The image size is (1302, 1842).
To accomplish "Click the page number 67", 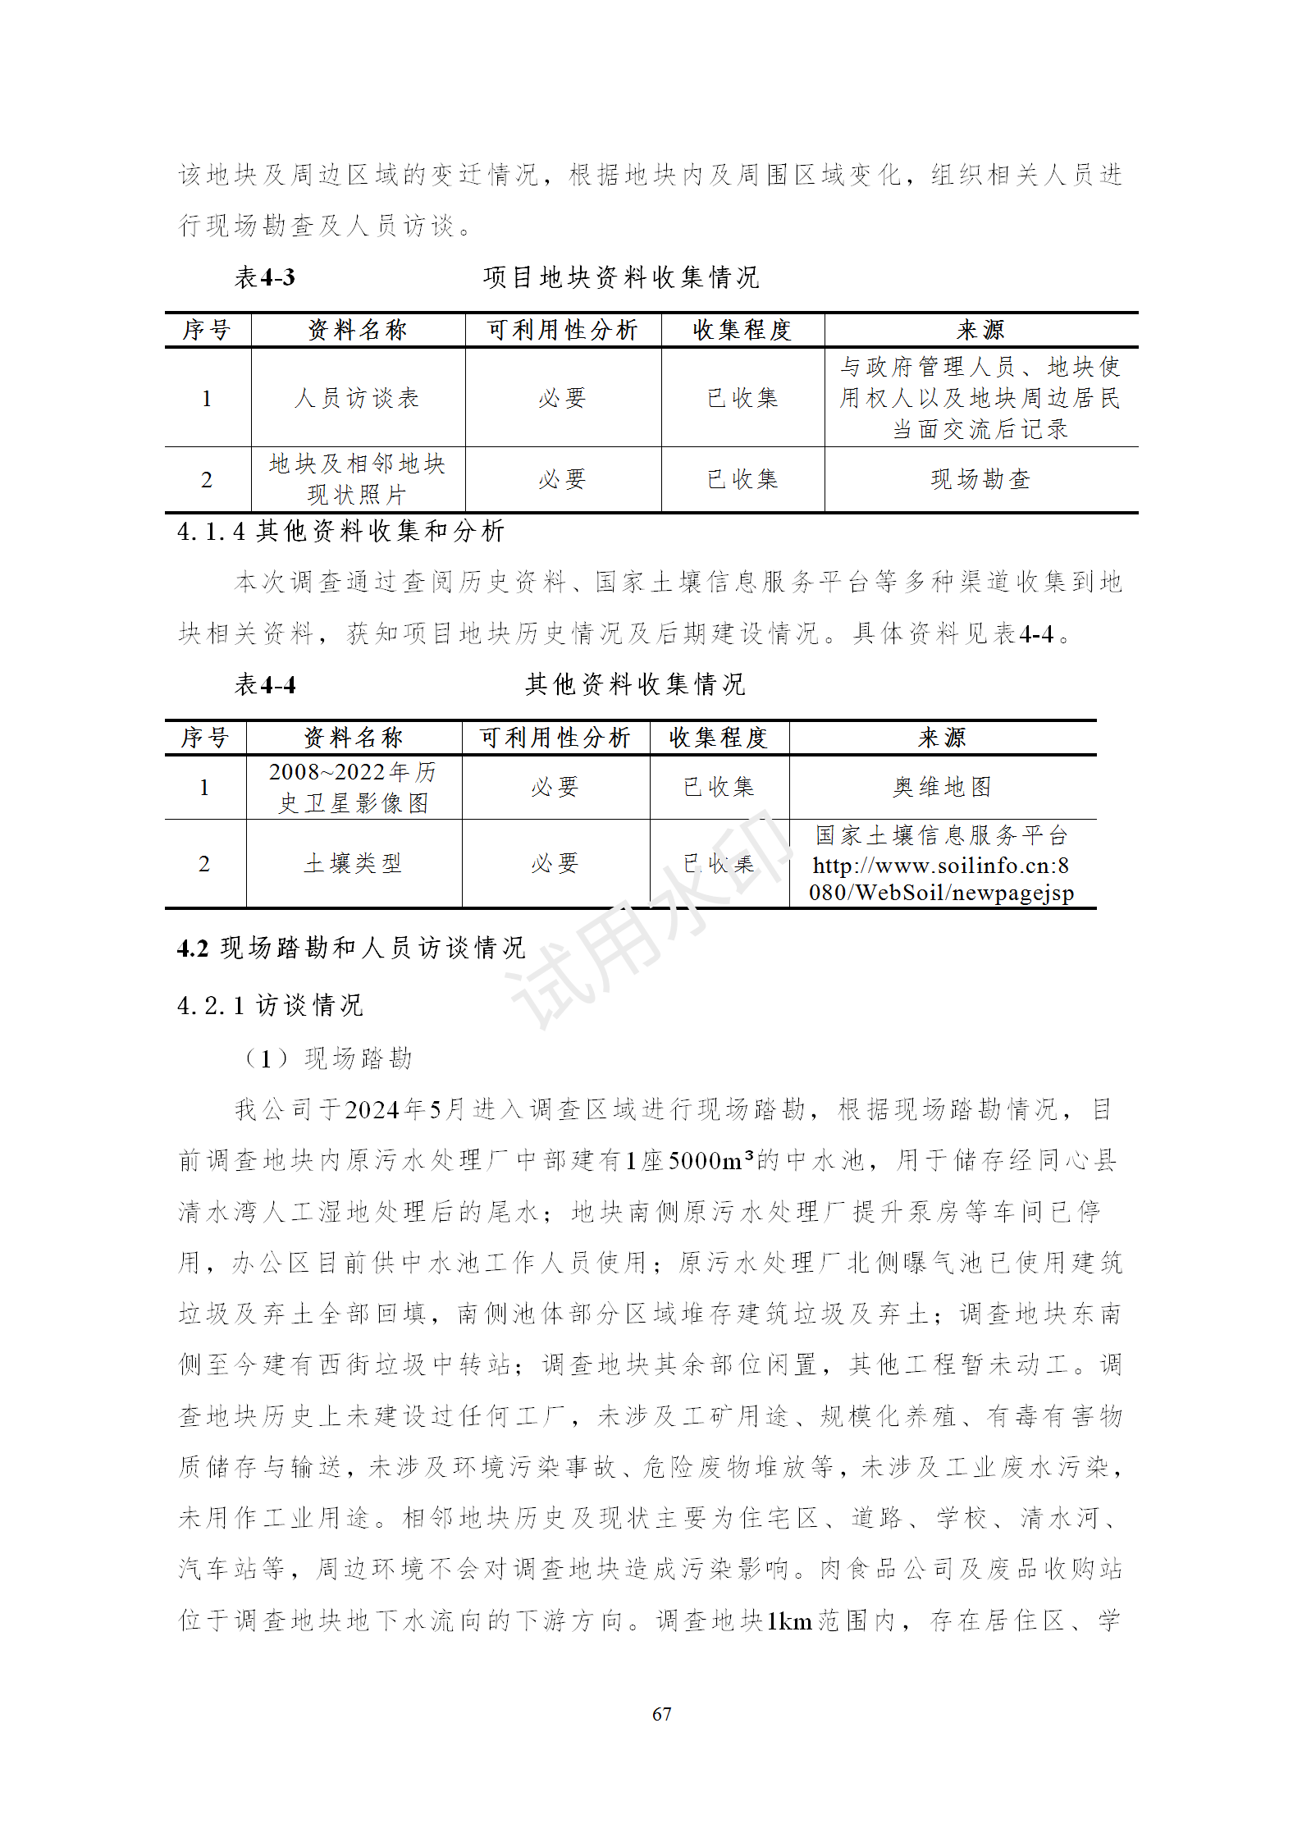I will [x=661, y=1713].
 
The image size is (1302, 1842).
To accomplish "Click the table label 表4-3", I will [x=264, y=277].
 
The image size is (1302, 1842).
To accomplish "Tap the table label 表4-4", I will [x=264, y=684].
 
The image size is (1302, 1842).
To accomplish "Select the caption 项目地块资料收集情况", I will [x=621, y=277].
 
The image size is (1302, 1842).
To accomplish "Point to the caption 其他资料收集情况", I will [x=635, y=684].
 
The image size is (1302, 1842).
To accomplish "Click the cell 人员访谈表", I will [x=357, y=398].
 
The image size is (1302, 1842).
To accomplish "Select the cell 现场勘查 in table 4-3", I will [x=980, y=479].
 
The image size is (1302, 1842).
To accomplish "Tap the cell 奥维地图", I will [x=942, y=787].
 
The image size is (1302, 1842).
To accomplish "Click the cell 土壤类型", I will [x=353, y=863].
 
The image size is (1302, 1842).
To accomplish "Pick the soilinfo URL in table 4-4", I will [x=941, y=879].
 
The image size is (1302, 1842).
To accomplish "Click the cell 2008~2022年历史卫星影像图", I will [x=353, y=787].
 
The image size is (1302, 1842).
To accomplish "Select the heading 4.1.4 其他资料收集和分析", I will [x=340, y=532].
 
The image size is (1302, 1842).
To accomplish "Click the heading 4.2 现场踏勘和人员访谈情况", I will [x=351, y=948].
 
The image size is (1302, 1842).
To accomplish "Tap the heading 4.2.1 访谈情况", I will [x=270, y=1005].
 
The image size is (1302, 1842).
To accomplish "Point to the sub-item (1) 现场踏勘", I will [x=328, y=1058].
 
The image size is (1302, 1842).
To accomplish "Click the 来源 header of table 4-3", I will [x=980, y=330].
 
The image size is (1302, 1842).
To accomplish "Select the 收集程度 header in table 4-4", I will [x=718, y=738].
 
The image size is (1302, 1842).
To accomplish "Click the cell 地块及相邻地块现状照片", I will [x=357, y=479].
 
